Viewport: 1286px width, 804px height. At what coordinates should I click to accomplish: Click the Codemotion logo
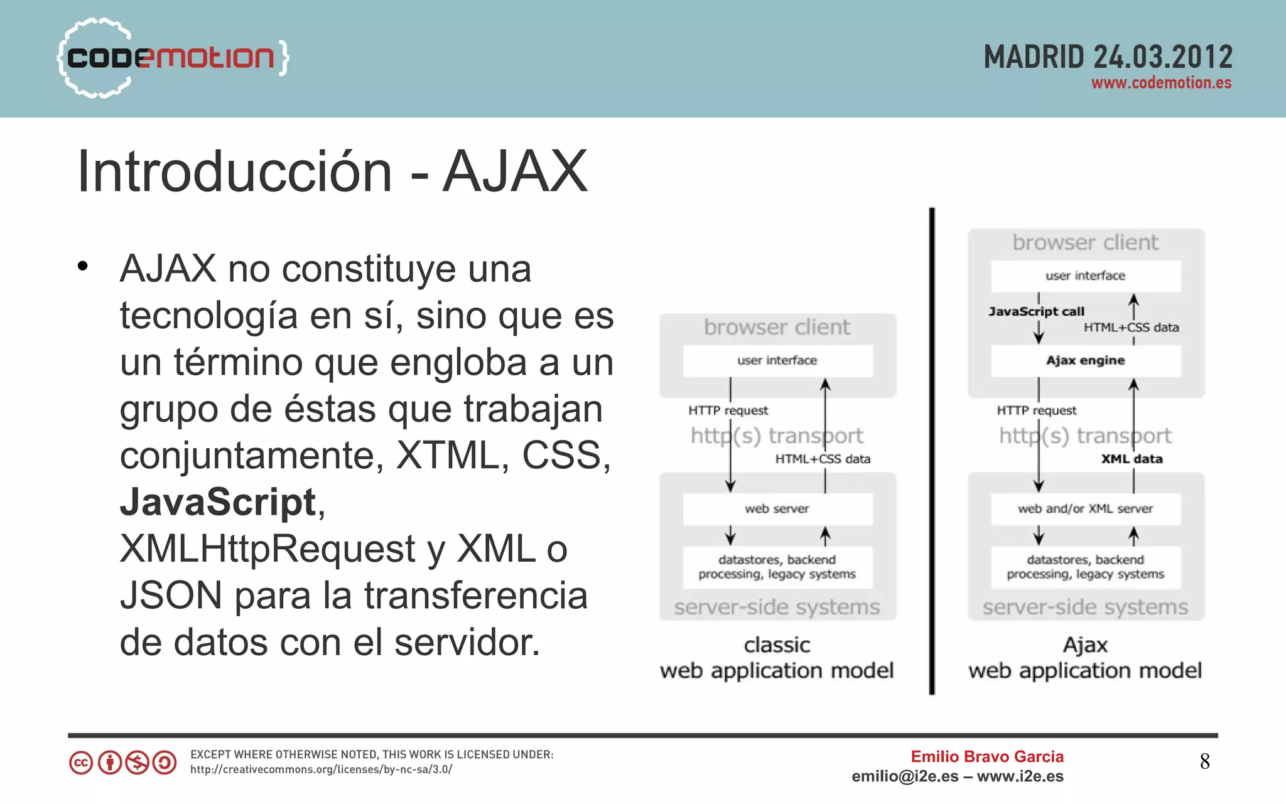[171, 58]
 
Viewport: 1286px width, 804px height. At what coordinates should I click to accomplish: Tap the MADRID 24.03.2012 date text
[1108, 57]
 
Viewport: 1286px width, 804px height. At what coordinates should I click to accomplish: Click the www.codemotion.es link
[1161, 83]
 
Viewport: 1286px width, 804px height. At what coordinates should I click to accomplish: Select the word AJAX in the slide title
[515, 171]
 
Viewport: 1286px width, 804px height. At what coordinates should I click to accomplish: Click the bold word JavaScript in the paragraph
[218, 502]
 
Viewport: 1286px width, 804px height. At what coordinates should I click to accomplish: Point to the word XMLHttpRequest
[267, 549]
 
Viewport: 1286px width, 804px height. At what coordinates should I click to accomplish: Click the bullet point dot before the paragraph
[83, 267]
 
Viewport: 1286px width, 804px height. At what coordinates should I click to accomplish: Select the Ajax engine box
[1085, 361]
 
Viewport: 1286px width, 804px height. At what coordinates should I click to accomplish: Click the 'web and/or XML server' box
[1085, 509]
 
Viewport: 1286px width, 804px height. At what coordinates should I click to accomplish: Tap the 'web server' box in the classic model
[777, 509]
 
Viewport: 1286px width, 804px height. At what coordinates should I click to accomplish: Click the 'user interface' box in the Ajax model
[1085, 276]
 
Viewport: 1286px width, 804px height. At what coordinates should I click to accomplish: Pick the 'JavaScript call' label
[1036, 312]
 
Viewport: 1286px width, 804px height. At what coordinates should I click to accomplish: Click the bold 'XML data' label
[1132, 459]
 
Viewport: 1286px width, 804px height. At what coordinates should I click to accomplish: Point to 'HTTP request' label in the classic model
[728, 410]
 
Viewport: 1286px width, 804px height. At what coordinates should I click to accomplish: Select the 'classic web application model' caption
[777, 658]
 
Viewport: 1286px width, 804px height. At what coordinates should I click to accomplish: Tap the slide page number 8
[1204, 761]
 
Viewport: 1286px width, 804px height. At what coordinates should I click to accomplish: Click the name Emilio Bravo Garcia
[987, 756]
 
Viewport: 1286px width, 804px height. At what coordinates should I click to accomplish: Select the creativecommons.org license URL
[321, 769]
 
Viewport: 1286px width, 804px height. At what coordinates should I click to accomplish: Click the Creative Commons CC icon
[81, 763]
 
